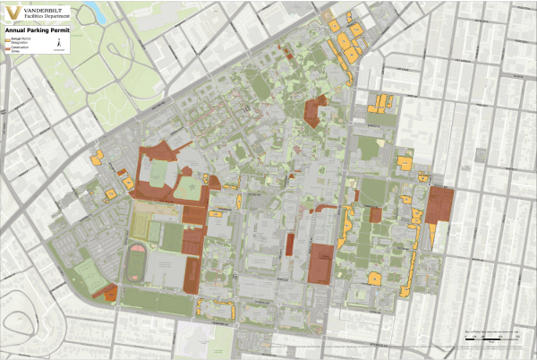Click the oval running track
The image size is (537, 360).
(136, 262)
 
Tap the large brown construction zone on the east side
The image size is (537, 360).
(439, 204)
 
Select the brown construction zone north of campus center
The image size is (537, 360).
(315, 113)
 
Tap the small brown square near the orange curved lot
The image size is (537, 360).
(375, 214)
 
